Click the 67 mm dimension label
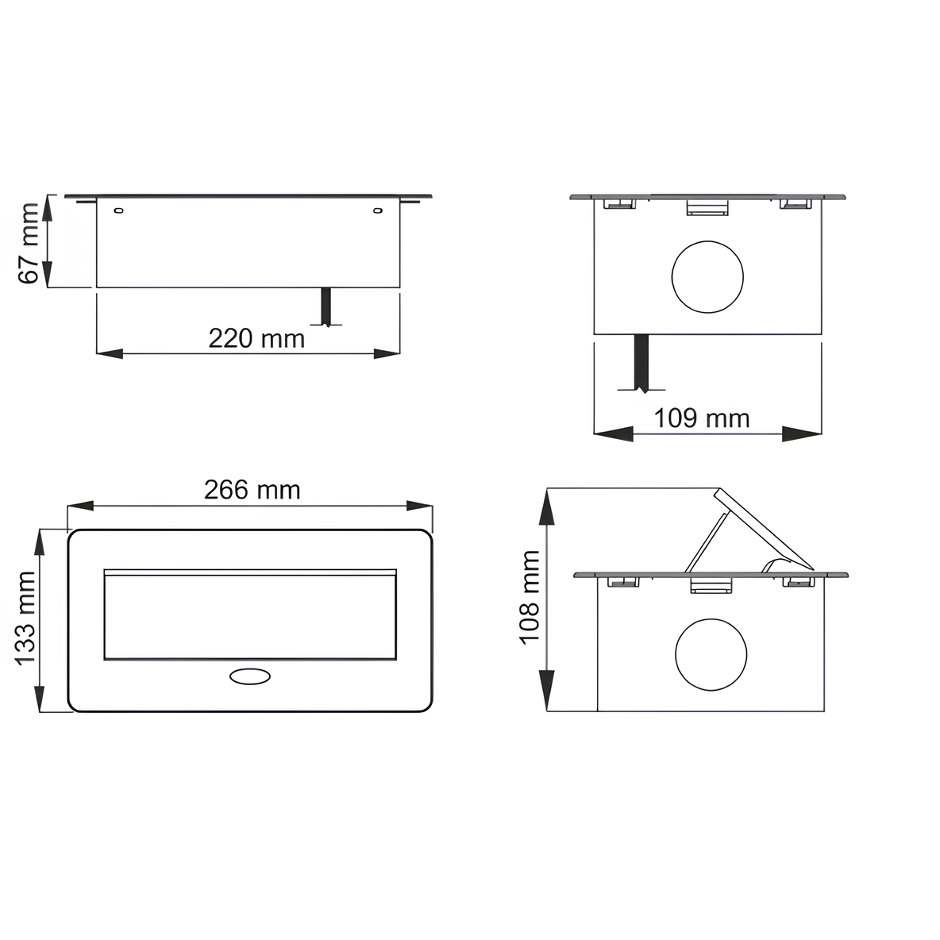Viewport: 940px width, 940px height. [28, 243]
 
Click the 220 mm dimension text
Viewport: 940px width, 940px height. [256, 339]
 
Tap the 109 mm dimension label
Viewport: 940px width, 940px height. [701, 418]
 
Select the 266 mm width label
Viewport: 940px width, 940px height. [252, 490]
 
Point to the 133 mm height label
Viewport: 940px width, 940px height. [25, 618]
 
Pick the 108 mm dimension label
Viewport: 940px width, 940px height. [530, 597]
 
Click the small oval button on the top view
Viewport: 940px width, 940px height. [250, 676]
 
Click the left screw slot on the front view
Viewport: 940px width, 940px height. [119, 210]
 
